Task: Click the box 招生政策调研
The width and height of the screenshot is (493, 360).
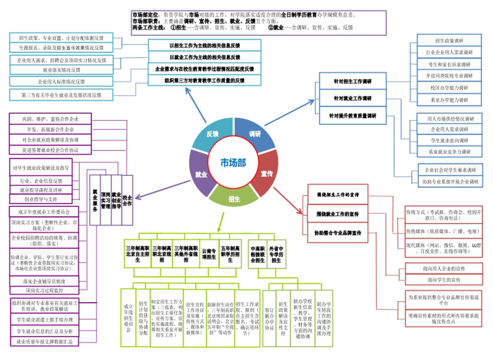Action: pyautogui.click(x=449, y=40)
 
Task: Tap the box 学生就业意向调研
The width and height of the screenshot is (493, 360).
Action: pyautogui.click(x=449, y=140)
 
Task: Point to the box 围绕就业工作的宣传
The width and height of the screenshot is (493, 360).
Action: pyautogui.click(x=337, y=213)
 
